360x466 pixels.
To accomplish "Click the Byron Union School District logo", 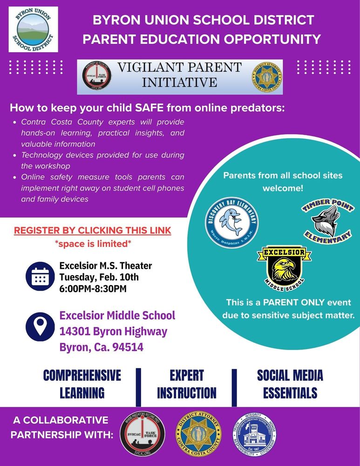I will pos(33,29).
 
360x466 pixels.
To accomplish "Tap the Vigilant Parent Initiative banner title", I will pos(179,74).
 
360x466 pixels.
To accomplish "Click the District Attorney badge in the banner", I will pos(267,75).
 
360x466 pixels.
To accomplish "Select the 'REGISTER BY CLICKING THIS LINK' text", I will pos(92,231).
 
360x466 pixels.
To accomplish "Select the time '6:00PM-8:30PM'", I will pos(93,289).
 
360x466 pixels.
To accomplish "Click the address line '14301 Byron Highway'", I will pos(113,331).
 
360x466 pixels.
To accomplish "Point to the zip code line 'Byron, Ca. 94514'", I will pos(102,347).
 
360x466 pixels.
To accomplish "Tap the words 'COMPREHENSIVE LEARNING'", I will pos(82,384).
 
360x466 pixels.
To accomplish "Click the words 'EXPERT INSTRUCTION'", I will pos(186,384).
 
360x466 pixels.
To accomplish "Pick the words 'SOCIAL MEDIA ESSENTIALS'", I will pos(290,384).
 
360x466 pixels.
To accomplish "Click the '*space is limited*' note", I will pos(92,244).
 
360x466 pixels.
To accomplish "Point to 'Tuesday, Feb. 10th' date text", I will pos(99,278).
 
